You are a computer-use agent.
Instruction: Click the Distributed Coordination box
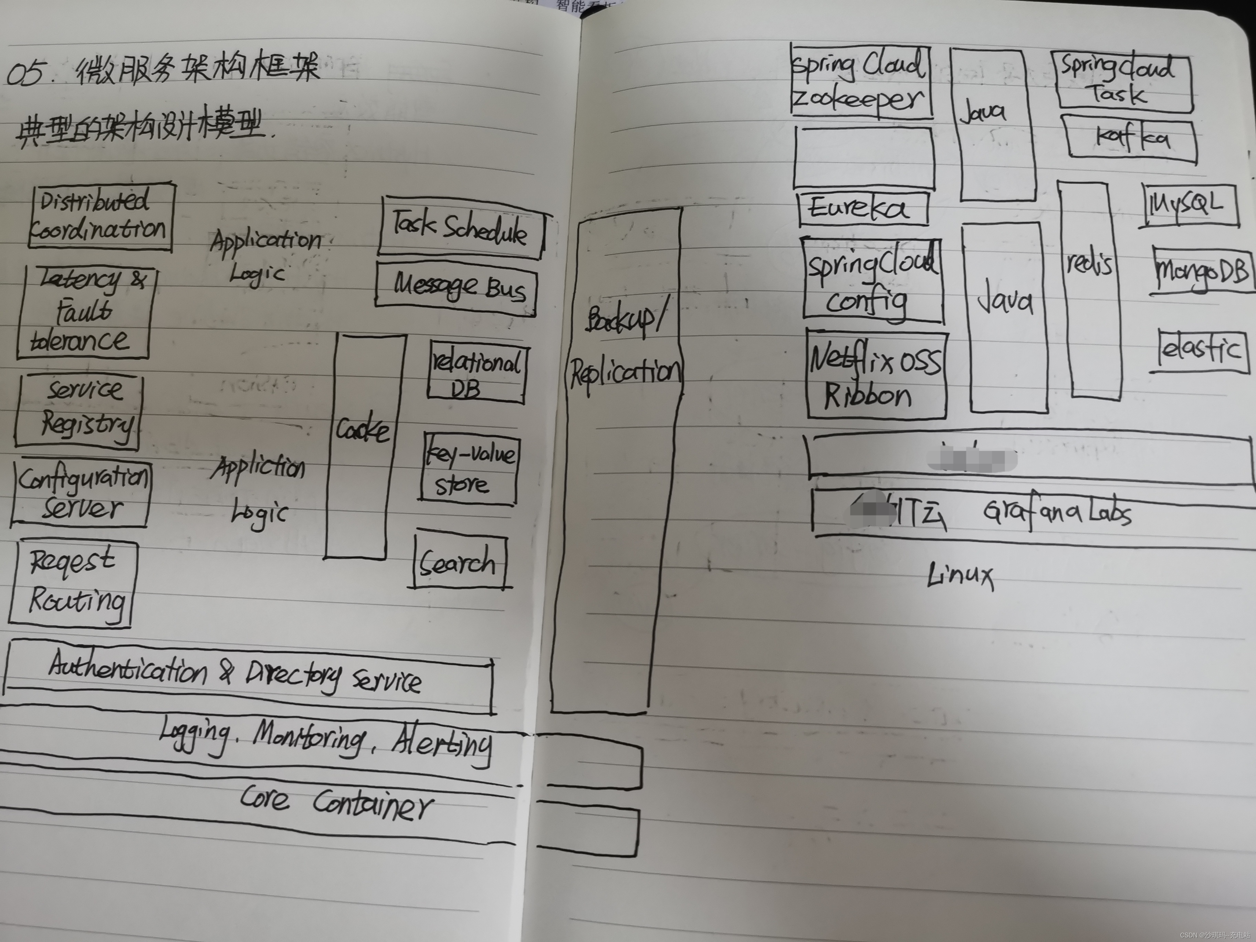click(100, 216)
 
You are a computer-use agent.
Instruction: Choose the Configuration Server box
click(81, 493)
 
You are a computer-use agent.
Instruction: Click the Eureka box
click(862, 208)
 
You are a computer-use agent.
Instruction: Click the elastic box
click(1202, 349)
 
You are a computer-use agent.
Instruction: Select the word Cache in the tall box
click(362, 429)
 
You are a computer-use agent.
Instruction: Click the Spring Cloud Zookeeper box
click(861, 82)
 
